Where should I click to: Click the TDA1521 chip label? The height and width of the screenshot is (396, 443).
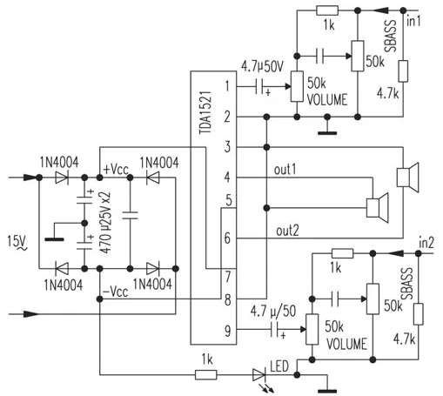tap(205, 112)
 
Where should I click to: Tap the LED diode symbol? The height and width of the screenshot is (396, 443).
tap(258, 375)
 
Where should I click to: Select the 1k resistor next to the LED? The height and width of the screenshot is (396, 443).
tap(205, 374)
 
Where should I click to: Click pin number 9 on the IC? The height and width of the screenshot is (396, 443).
tap(228, 331)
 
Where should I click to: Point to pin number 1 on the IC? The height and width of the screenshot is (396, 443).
tap(227, 86)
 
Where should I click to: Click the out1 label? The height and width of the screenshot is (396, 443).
tap(285, 170)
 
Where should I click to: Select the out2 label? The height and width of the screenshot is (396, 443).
tap(287, 232)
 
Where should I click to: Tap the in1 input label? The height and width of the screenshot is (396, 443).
tap(413, 21)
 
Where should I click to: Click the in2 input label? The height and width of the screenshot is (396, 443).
tap(426, 243)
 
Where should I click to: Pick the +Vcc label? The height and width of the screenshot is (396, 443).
tap(116, 169)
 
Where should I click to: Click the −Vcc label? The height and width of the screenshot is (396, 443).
tap(116, 292)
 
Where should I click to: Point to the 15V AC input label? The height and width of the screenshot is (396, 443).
tap(17, 242)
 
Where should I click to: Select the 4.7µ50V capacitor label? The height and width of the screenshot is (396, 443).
tap(263, 66)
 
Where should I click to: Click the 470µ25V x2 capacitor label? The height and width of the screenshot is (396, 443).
tap(105, 223)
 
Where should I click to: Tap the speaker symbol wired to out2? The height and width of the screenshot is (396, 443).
tap(408, 178)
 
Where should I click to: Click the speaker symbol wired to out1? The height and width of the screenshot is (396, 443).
tap(378, 208)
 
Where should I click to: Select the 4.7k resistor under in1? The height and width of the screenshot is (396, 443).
tap(403, 71)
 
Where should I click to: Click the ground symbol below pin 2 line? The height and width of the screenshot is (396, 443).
tap(327, 133)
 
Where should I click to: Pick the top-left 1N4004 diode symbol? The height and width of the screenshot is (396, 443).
tap(62, 178)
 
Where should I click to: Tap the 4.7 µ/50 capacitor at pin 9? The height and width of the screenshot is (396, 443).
tap(275, 329)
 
